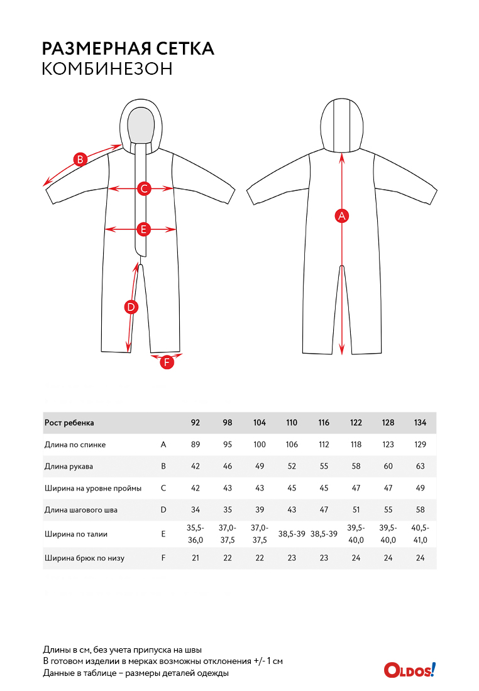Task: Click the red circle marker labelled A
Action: [342, 215]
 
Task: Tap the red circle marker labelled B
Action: [80, 160]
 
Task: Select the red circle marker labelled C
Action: [143, 188]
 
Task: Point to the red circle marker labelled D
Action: [131, 307]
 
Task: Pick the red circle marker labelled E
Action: [143, 229]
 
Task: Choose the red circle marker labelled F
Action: [167, 362]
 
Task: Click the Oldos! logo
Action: [409, 670]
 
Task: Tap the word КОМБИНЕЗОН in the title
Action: [107, 69]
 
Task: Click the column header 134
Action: [420, 423]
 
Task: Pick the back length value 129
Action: [420, 445]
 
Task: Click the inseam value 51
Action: [356, 510]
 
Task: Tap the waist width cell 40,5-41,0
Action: [420, 534]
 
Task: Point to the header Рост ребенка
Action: [69, 423]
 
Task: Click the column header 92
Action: [195, 423]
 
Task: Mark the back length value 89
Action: [195, 445]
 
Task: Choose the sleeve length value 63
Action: [420, 466]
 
